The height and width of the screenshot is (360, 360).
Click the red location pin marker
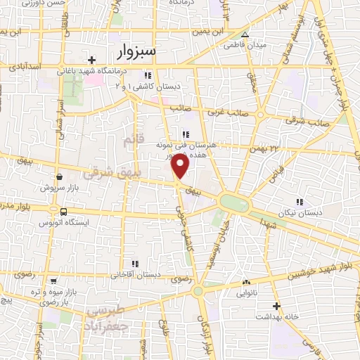click(181, 166)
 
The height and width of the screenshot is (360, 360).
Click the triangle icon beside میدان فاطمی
click(244, 34)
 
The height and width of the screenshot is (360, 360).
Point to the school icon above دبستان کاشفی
click(147, 75)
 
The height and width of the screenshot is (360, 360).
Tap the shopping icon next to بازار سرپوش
click(58, 177)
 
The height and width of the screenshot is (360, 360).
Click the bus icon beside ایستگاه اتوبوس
click(64, 211)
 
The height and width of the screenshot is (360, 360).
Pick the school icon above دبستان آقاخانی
click(134, 264)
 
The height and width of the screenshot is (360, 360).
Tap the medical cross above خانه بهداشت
click(276, 306)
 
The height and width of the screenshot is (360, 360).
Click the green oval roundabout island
click(235, 202)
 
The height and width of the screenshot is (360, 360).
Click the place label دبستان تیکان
click(301, 212)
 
